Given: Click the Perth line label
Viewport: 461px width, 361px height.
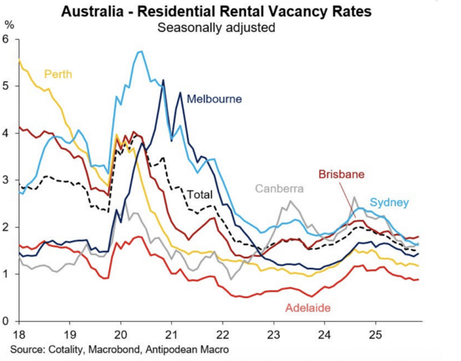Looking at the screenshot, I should tap(59, 73).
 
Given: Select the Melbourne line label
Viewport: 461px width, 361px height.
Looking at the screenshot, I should tap(214, 99).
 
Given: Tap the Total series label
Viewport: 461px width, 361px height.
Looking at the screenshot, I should tap(199, 195).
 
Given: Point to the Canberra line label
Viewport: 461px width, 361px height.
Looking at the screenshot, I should tap(279, 188).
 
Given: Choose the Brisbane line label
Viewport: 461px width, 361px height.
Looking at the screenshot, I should tap(341, 174).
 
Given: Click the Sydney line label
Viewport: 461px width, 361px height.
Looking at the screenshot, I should tap(390, 202).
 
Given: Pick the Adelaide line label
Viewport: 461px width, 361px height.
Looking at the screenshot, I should tap(308, 308).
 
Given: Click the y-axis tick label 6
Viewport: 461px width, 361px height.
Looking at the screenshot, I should tap(5, 39).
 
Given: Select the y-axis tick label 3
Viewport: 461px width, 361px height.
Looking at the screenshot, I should tap(5, 180).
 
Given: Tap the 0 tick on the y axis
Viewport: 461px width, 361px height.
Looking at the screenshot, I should tap(5, 321).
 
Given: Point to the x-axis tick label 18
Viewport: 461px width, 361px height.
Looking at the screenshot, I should tap(18, 335).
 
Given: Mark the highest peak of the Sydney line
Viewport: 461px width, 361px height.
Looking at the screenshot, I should tap(140, 51).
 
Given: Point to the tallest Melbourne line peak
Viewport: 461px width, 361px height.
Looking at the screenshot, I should tap(163, 80).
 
